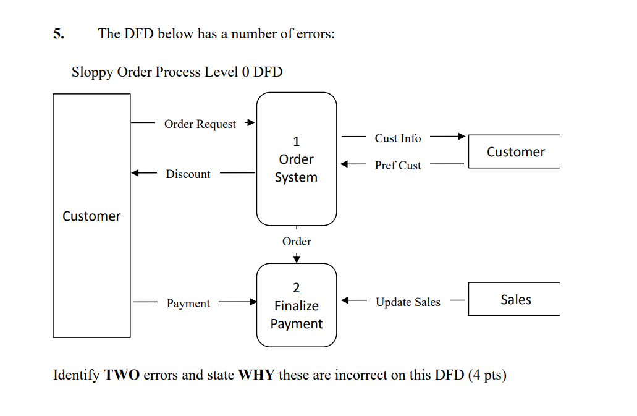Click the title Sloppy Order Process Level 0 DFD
[177, 72]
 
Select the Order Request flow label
[200, 124]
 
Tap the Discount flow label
[188, 174]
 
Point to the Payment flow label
[188, 304]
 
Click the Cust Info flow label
[397, 138]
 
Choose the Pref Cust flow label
[397, 166]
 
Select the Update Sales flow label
[408, 302]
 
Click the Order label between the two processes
[297, 242]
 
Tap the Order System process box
[297, 159]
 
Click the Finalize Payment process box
[297, 306]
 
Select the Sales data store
[515, 300]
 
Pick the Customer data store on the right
[515, 152]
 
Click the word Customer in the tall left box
[91, 216]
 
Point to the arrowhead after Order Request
[250, 122]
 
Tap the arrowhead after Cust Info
[461, 137]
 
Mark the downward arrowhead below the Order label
[297, 259]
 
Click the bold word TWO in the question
[122, 375]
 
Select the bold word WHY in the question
[256, 375]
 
